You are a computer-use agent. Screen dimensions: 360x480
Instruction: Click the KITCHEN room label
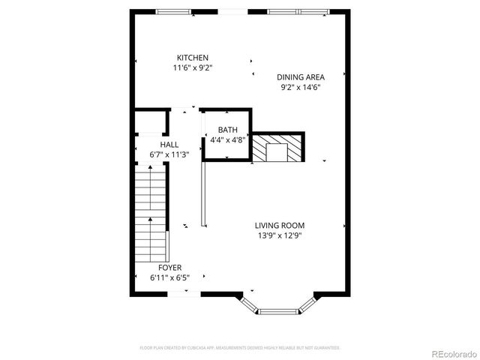point(193,58)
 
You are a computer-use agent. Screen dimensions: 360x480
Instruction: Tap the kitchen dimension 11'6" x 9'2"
point(193,68)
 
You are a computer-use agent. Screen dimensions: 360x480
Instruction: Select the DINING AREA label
point(300,76)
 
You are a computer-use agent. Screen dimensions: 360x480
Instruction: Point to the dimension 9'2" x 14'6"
point(301,87)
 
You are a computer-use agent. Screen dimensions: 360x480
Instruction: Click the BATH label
point(228,130)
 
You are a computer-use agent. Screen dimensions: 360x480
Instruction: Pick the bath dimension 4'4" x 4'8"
point(228,139)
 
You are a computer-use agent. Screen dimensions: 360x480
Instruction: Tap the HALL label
point(169,145)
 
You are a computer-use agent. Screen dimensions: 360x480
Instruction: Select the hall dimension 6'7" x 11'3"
point(169,154)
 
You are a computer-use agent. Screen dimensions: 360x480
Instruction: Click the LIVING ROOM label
point(279,225)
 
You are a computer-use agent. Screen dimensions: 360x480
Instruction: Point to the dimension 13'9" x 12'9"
point(279,235)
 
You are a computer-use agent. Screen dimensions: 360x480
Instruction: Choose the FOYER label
point(169,267)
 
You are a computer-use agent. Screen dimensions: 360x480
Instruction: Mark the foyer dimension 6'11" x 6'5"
point(169,277)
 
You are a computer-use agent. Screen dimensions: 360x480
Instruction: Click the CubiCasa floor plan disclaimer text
point(240,348)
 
